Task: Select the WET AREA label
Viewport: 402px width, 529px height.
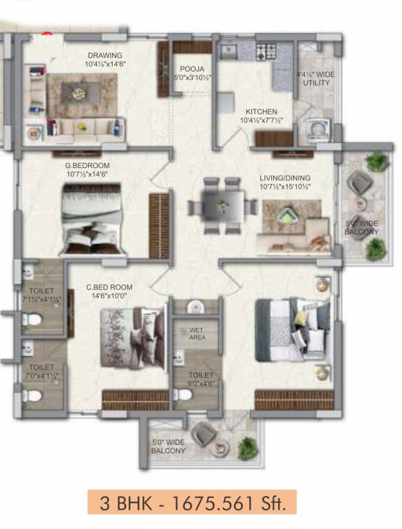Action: coord(197,334)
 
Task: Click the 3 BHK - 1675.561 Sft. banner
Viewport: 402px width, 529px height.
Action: coord(192,502)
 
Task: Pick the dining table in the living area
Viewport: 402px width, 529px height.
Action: coord(222,206)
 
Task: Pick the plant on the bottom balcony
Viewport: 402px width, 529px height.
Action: coord(247,449)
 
